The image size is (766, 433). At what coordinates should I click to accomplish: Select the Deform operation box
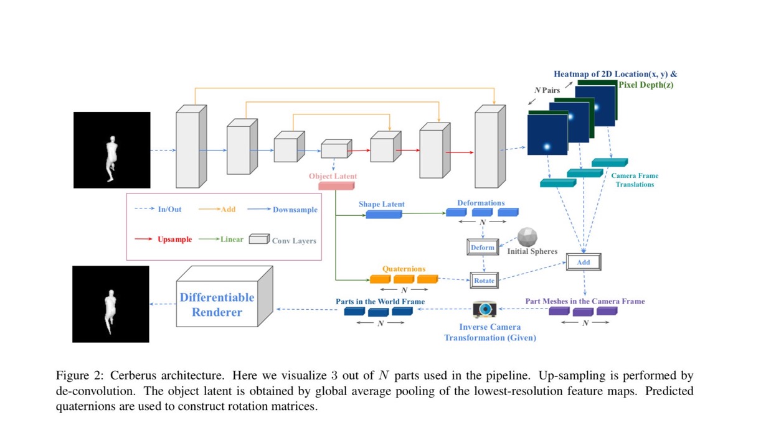click(483, 247)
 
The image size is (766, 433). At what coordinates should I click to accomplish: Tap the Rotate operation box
click(484, 281)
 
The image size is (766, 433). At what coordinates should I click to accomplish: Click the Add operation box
click(583, 262)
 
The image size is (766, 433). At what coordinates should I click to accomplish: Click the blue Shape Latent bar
click(383, 214)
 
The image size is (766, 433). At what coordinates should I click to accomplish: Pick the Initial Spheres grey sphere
click(527, 237)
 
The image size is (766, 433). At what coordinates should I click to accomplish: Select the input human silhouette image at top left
click(112, 150)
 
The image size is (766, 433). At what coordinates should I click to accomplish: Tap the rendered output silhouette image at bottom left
click(111, 304)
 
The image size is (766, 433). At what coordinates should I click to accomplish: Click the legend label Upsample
click(174, 240)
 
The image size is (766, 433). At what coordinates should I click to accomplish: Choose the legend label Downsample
click(295, 210)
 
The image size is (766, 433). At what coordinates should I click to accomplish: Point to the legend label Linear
click(232, 240)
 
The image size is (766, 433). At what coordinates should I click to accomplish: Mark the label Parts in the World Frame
click(380, 301)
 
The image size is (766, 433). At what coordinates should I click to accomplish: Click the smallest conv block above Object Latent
click(334, 149)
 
